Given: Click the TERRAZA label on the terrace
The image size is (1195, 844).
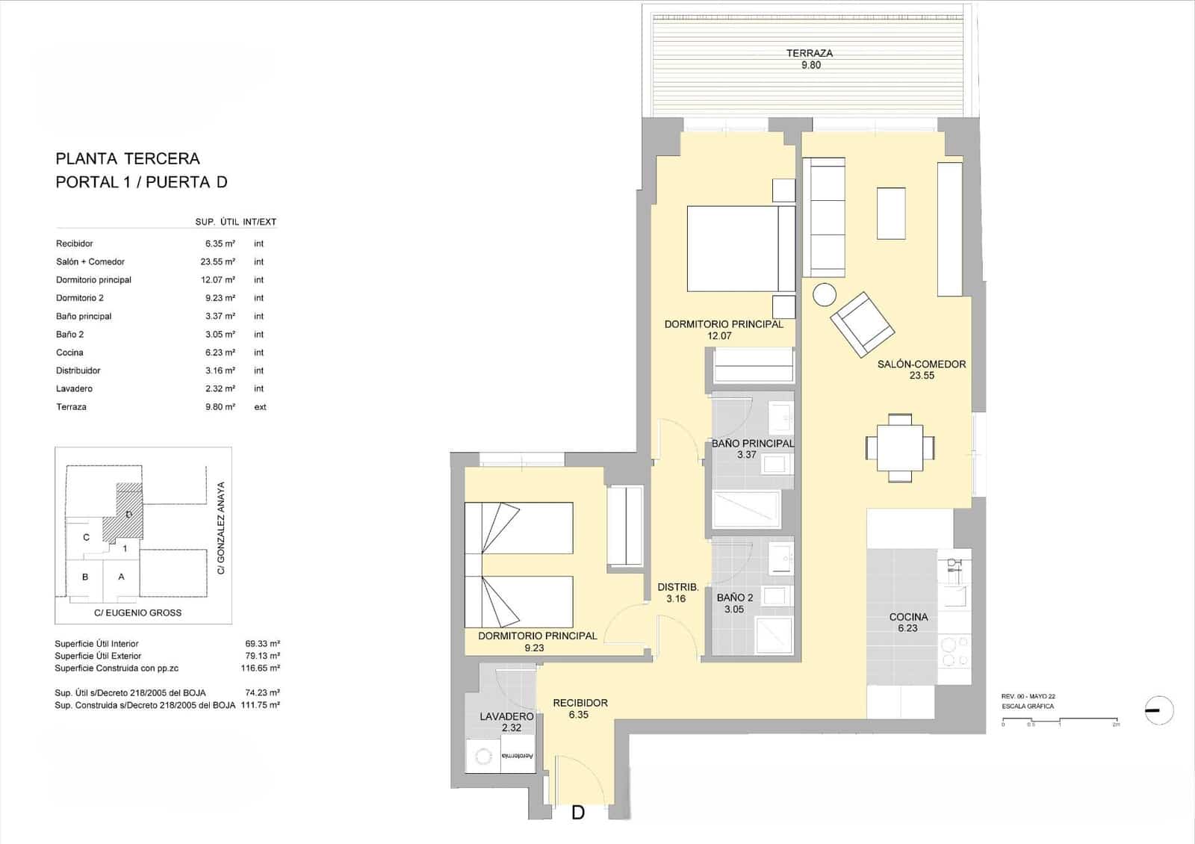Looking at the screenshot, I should click(810, 54).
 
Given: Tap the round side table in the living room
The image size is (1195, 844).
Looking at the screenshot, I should click(825, 295).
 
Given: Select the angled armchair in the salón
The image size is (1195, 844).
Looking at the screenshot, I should click(863, 323).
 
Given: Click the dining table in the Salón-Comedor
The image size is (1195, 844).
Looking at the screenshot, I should click(900, 447).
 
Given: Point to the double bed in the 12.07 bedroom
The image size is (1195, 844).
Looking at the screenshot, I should click(739, 249).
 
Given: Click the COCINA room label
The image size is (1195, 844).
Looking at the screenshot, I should click(908, 617).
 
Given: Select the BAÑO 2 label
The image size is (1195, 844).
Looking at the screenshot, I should click(734, 598).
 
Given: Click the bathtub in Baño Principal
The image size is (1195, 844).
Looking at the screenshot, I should click(746, 510).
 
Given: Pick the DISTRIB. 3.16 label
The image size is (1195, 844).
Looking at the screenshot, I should click(677, 592).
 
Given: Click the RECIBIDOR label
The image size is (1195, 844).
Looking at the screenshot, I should click(580, 703).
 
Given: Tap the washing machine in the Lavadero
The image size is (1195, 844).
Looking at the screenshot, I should click(483, 756).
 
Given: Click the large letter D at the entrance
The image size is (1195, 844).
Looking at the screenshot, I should click(577, 813).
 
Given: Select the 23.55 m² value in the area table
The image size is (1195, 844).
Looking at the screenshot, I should click(217, 261).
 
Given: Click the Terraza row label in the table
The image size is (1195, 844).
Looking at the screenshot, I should click(71, 407).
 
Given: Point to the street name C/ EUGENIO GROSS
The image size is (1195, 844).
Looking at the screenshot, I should click(137, 612).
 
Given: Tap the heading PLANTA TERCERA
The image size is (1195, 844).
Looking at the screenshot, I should click(128, 158).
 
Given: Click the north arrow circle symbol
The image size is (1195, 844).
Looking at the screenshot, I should click(1158, 710).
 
